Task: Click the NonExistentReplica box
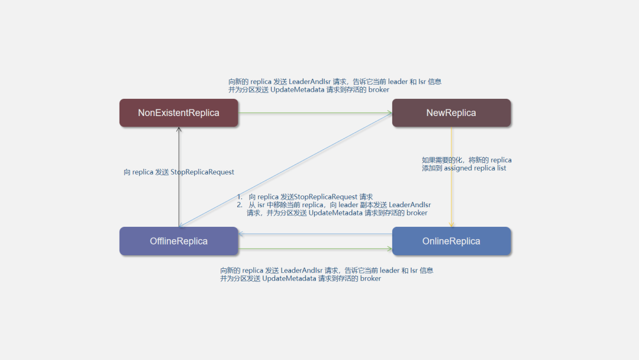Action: tap(179, 112)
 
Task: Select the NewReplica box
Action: tap(451, 112)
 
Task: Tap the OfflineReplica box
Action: tap(179, 241)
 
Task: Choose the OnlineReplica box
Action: tap(451, 241)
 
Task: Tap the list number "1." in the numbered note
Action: tap(240, 197)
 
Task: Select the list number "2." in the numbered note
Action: tap(240, 205)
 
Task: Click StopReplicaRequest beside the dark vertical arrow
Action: tap(202, 172)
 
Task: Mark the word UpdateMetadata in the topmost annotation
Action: tap(300, 89)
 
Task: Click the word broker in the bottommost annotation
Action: tap(370, 278)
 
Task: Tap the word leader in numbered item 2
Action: tap(348, 205)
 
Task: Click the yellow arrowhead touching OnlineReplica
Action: tap(451, 225)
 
